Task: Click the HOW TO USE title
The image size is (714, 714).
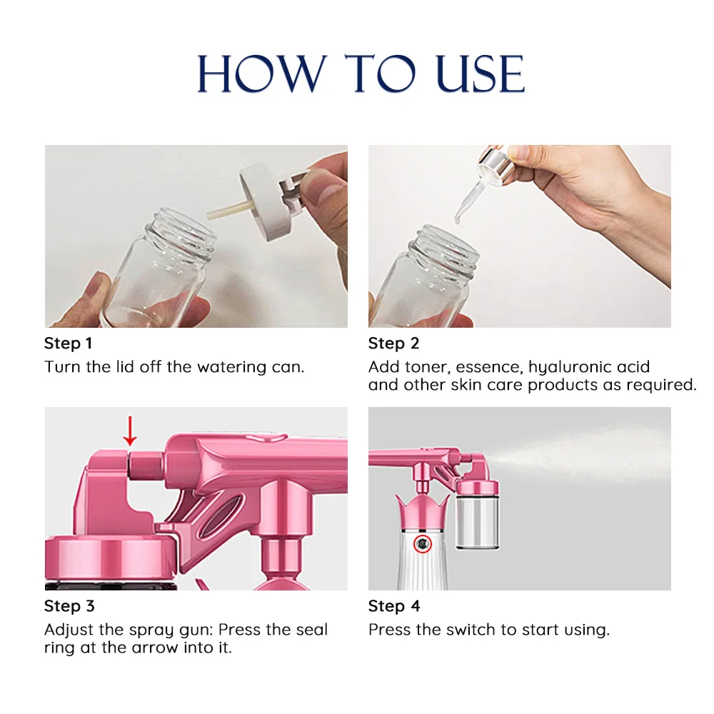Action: pos(361,74)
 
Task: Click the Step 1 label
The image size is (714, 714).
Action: pos(69,343)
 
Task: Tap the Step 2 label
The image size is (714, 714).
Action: pos(393,343)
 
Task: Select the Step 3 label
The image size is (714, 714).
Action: pos(69,606)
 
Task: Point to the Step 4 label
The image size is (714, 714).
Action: pos(394,606)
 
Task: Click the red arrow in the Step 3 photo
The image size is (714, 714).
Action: pos(129,431)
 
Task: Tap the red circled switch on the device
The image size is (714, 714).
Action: pos(424,544)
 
